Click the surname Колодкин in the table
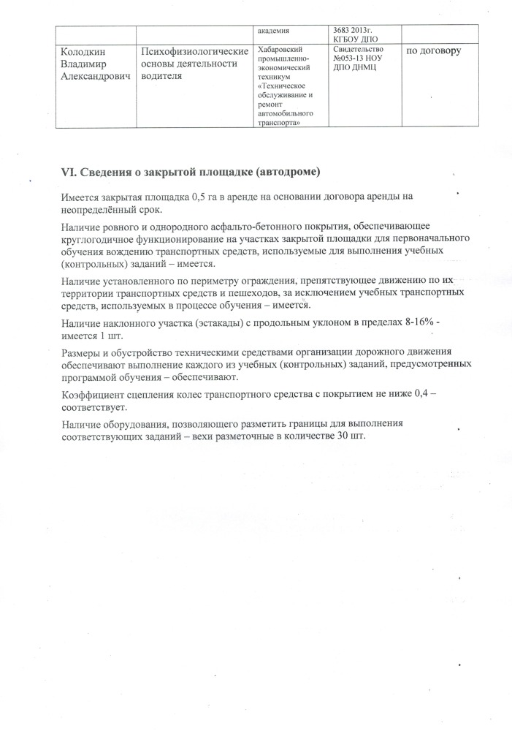83,51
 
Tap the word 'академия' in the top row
274,31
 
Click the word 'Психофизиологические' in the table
194,51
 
